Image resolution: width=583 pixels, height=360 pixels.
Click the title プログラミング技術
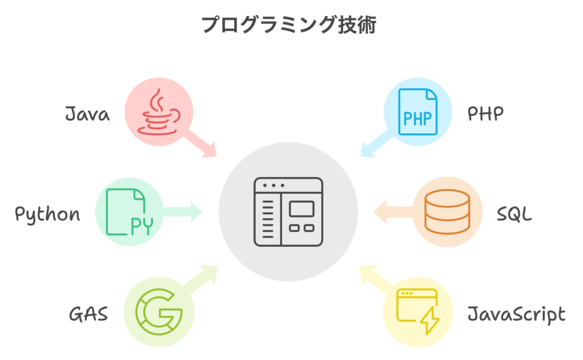click(289, 25)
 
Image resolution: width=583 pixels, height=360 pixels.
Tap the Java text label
click(87, 114)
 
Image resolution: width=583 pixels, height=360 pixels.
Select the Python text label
click(47, 214)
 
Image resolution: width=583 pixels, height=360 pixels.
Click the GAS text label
click(88, 313)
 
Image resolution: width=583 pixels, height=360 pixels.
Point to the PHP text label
click(486, 114)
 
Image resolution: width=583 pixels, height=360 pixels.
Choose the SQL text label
click(514, 214)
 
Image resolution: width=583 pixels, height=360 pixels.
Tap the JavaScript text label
click(516, 314)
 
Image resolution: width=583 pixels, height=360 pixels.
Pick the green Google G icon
click(158, 312)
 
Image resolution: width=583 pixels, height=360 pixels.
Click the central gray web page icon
click(288, 212)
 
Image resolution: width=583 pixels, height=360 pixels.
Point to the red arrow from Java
click(205, 146)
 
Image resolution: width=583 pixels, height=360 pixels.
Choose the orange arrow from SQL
click(393, 212)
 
